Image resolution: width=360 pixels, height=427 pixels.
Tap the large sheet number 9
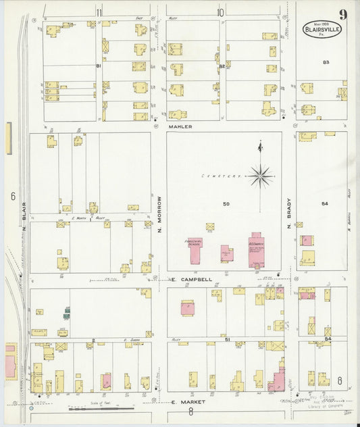tap(344, 14)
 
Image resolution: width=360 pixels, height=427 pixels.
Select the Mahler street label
tap(181, 126)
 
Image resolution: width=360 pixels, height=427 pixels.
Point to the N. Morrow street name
tap(159, 211)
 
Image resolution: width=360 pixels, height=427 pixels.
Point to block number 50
tap(226, 203)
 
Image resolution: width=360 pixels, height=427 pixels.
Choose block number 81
tap(98, 66)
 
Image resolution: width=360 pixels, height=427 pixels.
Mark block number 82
tap(222, 66)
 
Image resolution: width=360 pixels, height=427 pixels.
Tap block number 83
tap(326, 62)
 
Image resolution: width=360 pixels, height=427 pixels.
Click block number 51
tap(228, 339)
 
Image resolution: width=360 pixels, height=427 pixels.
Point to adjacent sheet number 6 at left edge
tap(12, 196)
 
